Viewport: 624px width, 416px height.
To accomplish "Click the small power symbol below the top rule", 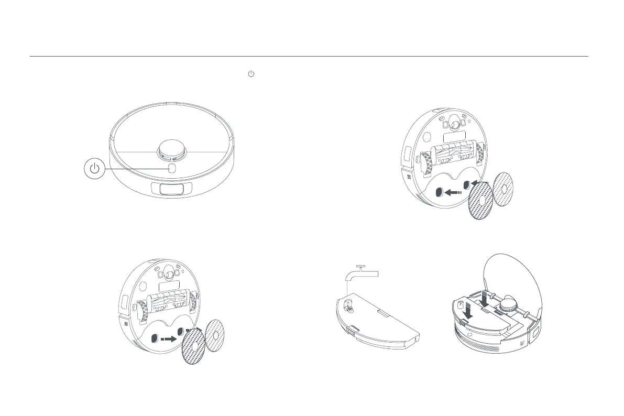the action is (250, 74).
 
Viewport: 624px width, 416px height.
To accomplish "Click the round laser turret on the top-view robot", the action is (173, 149).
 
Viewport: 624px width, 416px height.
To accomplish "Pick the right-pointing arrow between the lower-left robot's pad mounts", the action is (169, 338).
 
